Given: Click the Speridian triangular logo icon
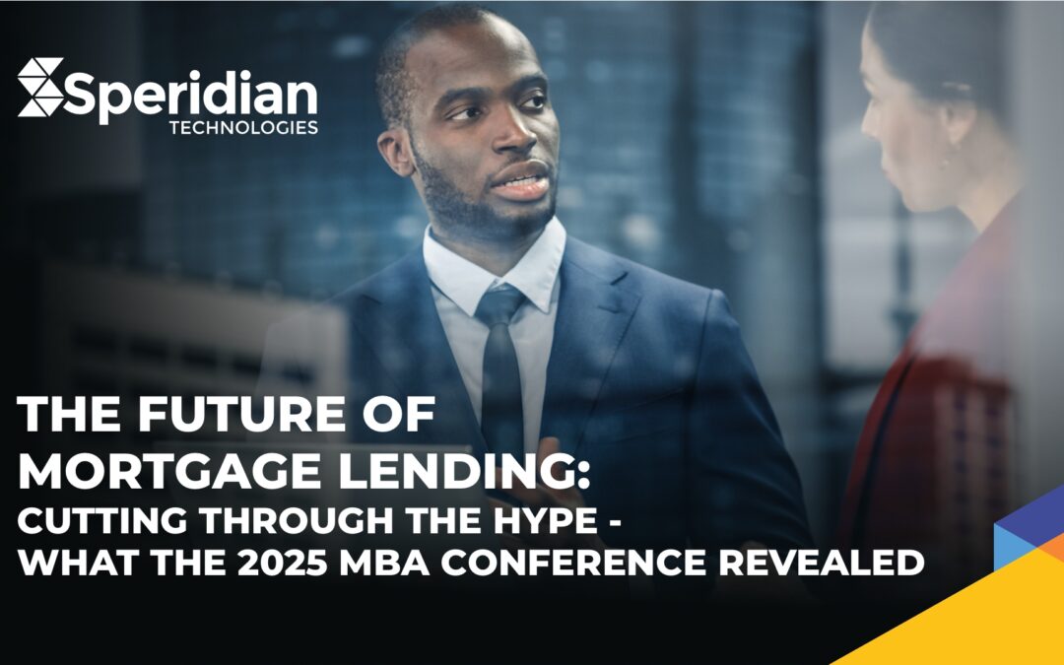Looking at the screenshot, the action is click(x=40, y=87).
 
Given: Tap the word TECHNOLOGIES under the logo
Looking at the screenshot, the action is click(x=243, y=127).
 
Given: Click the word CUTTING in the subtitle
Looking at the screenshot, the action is click(x=102, y=520).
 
